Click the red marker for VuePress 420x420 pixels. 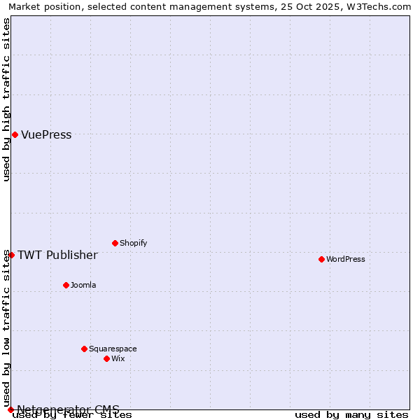click(x=15, y=134)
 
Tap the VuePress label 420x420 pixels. click(x=46, y=135)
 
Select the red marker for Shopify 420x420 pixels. click(x=115, y=243)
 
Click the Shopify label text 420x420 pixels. click(x=133, y=244)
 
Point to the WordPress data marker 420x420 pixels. click(x=321, y=259)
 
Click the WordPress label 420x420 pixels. click(x=346, y=260)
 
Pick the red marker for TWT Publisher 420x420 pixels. click(x=11, y=255)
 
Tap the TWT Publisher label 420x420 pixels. click(x=57, y=255)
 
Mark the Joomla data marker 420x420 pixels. click(x=66, y=285)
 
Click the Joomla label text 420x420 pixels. click(x=83, y=286)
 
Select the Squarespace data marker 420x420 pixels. click(x=84, y=349)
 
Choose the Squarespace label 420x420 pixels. click(x=113, y=349)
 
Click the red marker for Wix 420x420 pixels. click(x=106, y=358)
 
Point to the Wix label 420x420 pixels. click(x=118, y=359)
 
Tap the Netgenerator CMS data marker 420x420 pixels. click(x=10, y=409)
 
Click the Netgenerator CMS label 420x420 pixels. click(x=68, y=409)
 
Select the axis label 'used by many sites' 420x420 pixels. click(x=351, y=415)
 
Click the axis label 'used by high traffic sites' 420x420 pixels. click(x=6, y=99)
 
